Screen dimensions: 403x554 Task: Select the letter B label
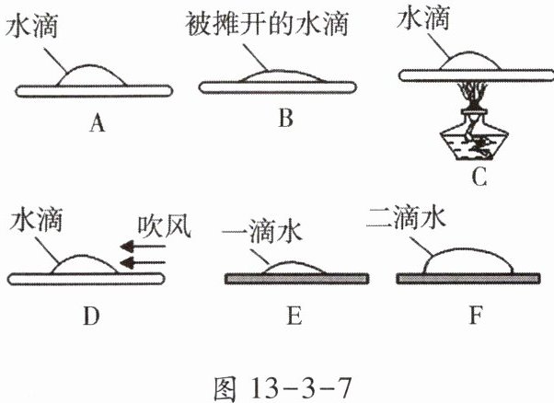pyautogui.click(x=284, y=119)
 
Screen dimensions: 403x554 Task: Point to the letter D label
pyautogui.click(x=89, y=317)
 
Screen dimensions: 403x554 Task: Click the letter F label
pyautogui.click(x=475, y=317)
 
